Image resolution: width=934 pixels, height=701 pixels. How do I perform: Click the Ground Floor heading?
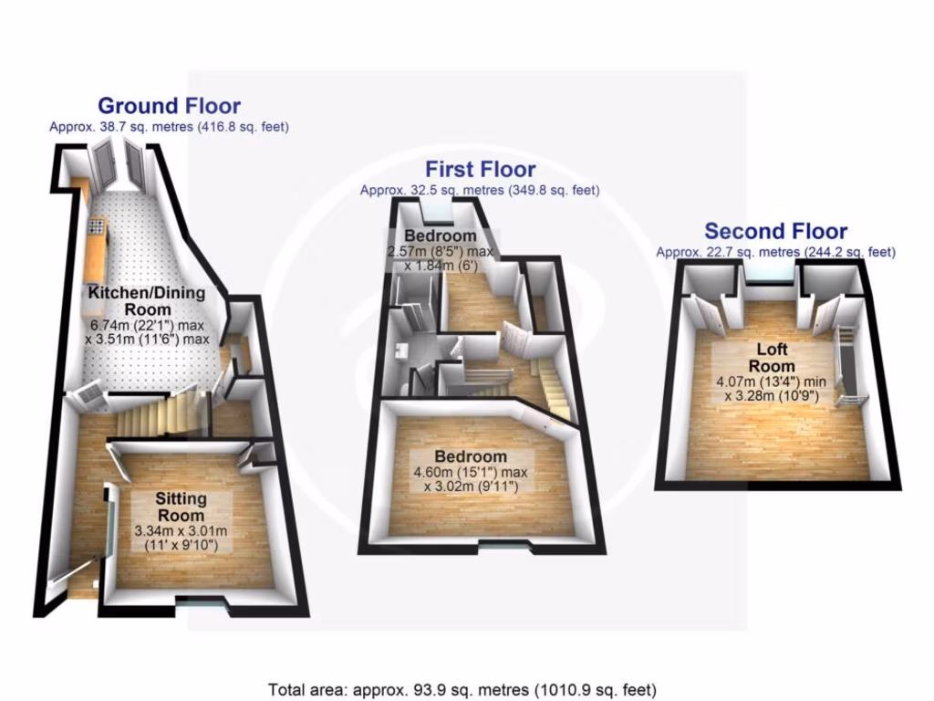pos(169,106)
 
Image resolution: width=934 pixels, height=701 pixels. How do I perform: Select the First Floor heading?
pos(480,169)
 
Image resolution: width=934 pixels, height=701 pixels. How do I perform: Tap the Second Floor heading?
pos(775,232)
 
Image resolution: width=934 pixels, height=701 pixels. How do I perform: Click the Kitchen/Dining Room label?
pos(147,301)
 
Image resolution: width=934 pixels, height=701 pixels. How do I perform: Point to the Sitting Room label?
pos(181,507)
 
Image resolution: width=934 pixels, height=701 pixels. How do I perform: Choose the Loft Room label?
pos(775,357)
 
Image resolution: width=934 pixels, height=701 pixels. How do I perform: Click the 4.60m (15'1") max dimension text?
pos(471,472)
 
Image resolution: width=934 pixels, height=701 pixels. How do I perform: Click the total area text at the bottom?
pos(462,689)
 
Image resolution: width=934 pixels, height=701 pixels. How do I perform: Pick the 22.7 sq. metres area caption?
pos(775,252)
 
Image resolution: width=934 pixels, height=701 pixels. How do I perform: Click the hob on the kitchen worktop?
pos(97,225)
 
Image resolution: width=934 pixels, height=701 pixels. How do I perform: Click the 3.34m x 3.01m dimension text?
pos(181,530)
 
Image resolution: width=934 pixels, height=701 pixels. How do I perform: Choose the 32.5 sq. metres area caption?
pos(480,191)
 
